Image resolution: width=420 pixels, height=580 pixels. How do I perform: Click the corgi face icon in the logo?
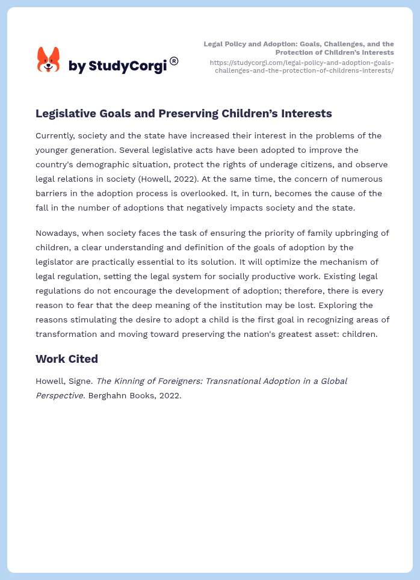[48, 60]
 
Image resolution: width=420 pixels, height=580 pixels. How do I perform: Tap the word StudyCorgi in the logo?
[127, 66]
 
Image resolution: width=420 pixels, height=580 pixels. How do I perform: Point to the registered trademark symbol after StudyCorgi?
[174, 61]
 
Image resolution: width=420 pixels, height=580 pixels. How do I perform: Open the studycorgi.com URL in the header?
[301, 66]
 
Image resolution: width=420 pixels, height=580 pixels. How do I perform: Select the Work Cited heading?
[66, 359]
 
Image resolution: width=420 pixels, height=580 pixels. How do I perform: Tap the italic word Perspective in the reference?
[60, 395]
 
